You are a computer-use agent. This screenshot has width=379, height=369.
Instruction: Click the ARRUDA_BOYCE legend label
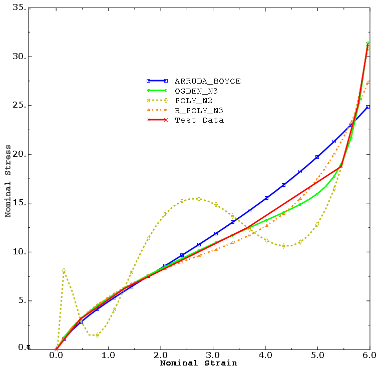pyautogui.click(x=207, y=81)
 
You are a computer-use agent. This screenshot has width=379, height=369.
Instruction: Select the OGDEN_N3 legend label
pyautogui.click(x=196, y=91)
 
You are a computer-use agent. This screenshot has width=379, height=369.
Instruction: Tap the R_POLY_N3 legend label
pyautogui.click(x=198, y=110)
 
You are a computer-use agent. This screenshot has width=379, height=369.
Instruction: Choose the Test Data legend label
pyautogui.click(x=199, y=120)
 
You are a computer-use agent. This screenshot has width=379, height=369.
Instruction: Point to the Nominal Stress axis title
pyautogui.click(x=8, y=181)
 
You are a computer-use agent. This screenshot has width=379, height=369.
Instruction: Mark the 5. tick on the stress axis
pyautogui.click(x=21, y=301)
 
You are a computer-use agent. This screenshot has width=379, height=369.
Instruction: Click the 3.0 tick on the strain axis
pyautogui.click(x=213, y=355)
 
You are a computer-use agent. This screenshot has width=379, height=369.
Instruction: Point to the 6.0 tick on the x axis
pyautogui.click(x=370, y=355)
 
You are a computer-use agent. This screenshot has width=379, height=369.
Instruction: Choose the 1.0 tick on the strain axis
pyautogui.click(x=109, y=355)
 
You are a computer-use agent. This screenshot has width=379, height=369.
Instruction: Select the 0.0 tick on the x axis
pyautogui.click(x=56, y=355)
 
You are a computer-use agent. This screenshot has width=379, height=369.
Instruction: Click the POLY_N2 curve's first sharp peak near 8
pyautogui.click(x=64, y=270)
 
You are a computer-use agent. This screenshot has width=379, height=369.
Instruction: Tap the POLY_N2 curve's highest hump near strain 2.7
pyautogui.click(x=199, y=199)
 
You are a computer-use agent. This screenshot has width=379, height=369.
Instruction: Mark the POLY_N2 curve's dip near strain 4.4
pyautogui.click(x=284, y=246)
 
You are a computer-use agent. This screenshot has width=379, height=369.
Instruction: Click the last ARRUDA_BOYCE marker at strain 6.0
pyautogui.click(x=368, y=107)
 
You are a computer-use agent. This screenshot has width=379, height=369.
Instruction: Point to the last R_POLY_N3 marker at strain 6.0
pyautogui.click(x=368, y=82)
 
